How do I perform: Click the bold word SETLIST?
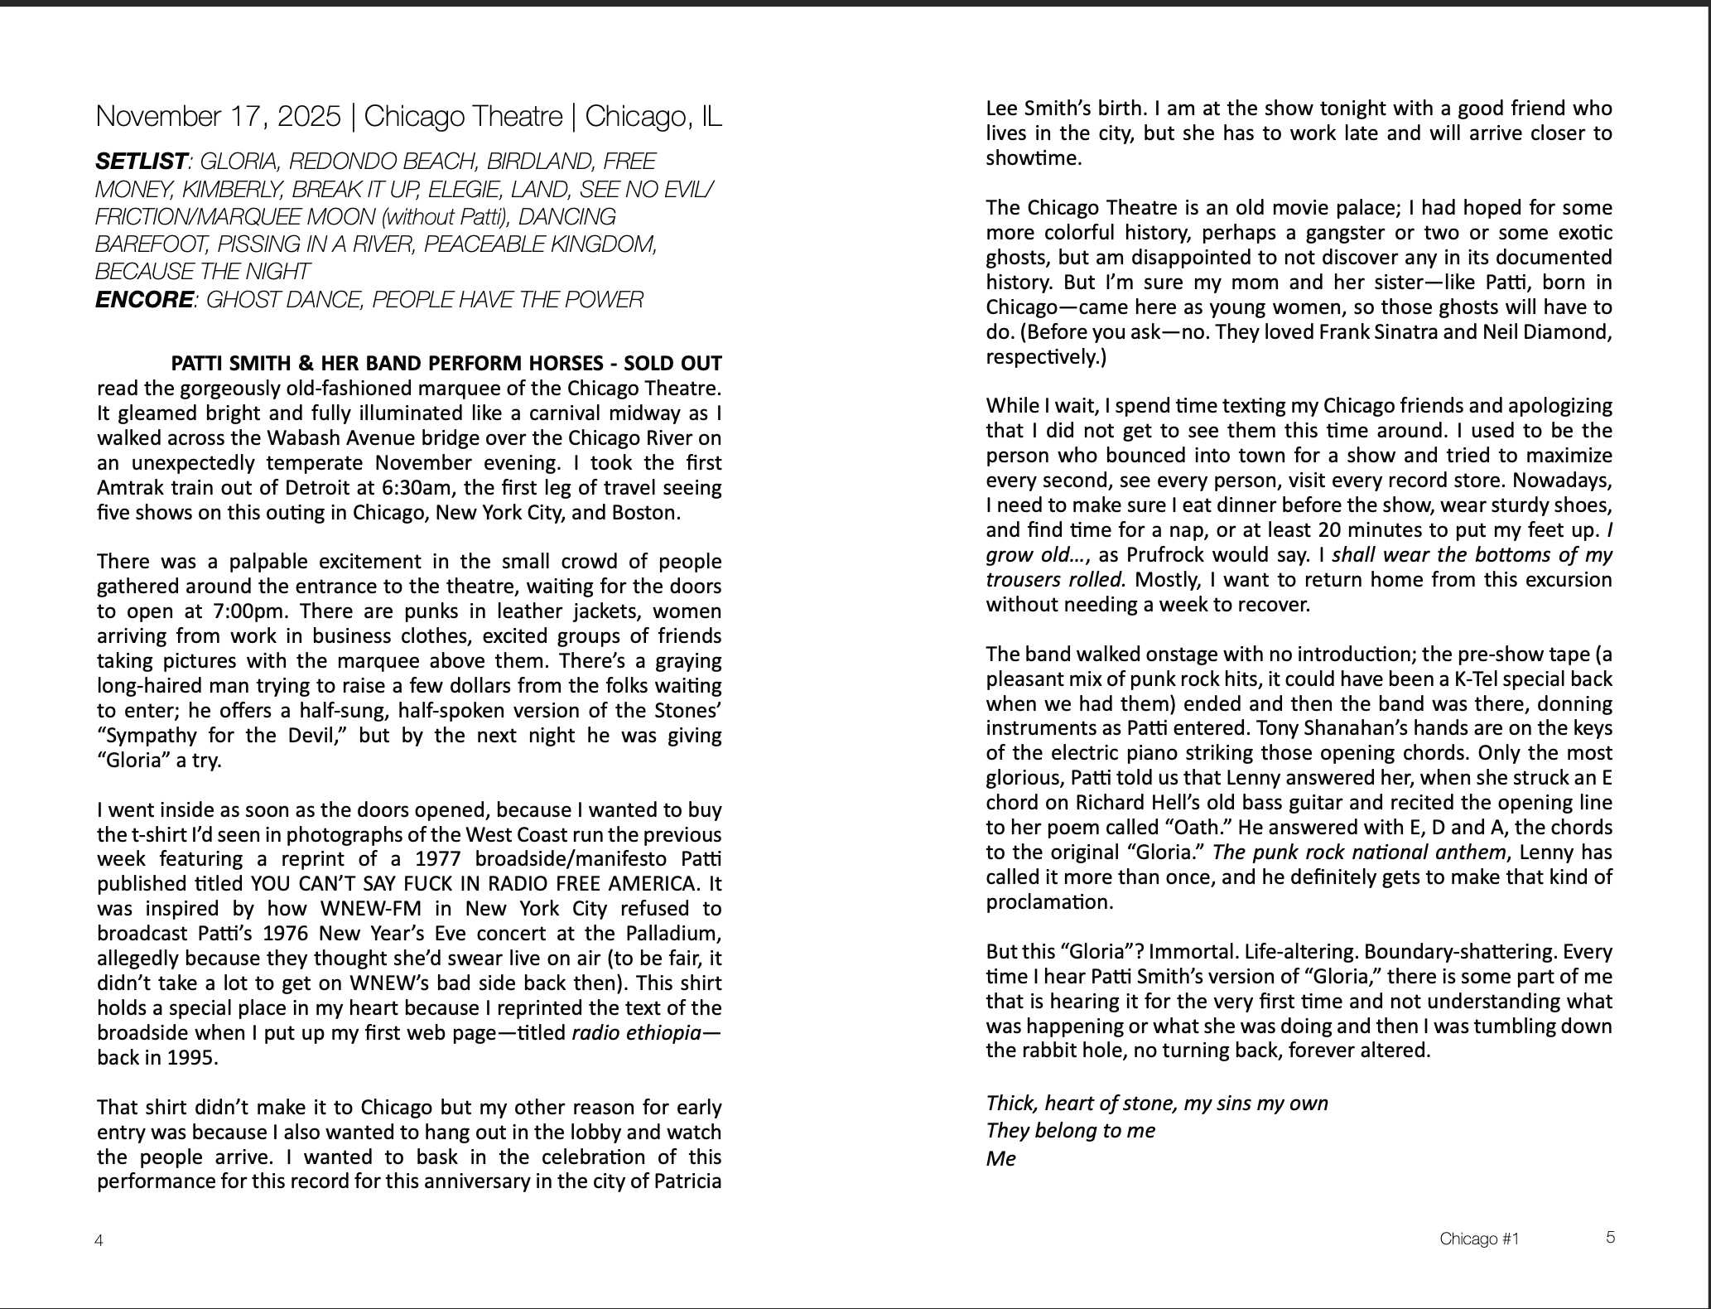[x=141, y=162]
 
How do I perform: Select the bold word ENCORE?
[x=143, y=300]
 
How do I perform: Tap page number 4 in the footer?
[x=99, y=1240]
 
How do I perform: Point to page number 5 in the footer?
[x=1610, y=1238]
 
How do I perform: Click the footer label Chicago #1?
[x=1479, y=1239]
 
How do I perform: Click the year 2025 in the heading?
[x=309, y=117]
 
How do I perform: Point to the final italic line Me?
[x=1000, y=1158]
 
